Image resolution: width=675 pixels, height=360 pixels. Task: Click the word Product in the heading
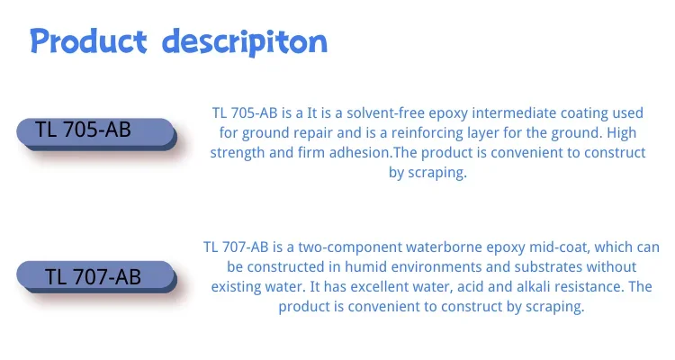tap(89, 40)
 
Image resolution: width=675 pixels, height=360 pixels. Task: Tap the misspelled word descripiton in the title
tap(245, 42)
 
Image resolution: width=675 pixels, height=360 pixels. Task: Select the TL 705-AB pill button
tap(97, 134)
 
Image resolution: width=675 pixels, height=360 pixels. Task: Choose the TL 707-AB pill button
tap(97, 277)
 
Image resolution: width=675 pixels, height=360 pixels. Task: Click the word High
tap(621, 132)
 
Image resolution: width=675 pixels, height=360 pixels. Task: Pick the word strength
tap(238, 152)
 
